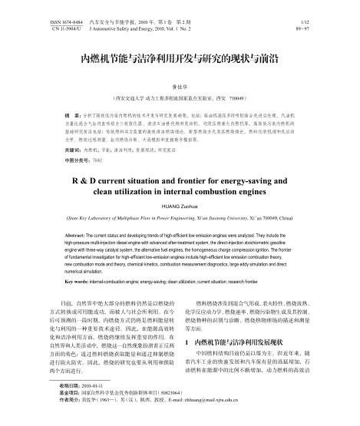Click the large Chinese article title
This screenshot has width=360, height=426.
tap(180, 57)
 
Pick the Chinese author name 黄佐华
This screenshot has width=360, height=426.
tap(180, 88)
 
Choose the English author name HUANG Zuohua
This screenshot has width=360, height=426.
tap(180, 207)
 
